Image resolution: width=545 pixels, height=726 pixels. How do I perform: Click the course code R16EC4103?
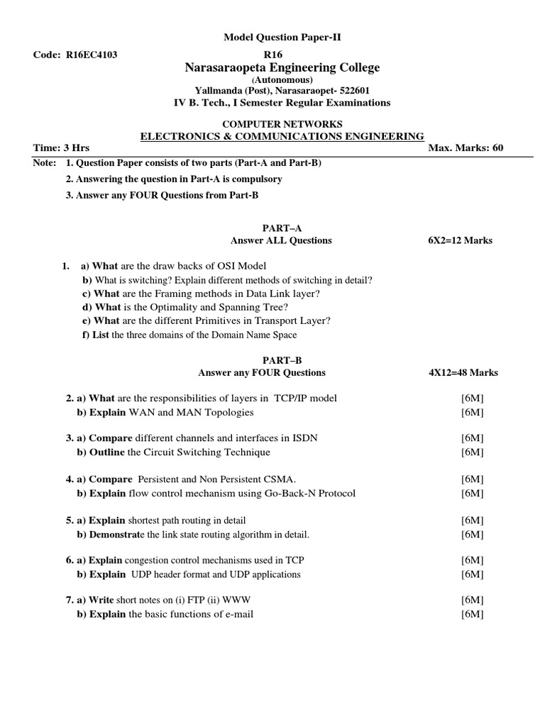tap(91, 55)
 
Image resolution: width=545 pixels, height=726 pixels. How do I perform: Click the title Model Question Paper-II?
tap(272, 38)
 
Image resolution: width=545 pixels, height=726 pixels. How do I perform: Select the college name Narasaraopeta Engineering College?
tap(282, 68)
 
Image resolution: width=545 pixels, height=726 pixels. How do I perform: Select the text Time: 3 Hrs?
tap(62, 147)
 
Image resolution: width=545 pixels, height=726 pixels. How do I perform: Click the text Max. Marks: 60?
tap(466, 147)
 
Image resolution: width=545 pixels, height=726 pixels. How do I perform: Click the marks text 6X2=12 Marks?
tap(456, 240)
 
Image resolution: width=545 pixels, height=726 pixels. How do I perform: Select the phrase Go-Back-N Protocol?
tap(312, 493)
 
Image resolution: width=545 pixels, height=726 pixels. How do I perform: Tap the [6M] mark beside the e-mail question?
tap(472, 614)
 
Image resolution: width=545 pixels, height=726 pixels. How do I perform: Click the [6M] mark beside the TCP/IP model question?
tap(472, 398)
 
